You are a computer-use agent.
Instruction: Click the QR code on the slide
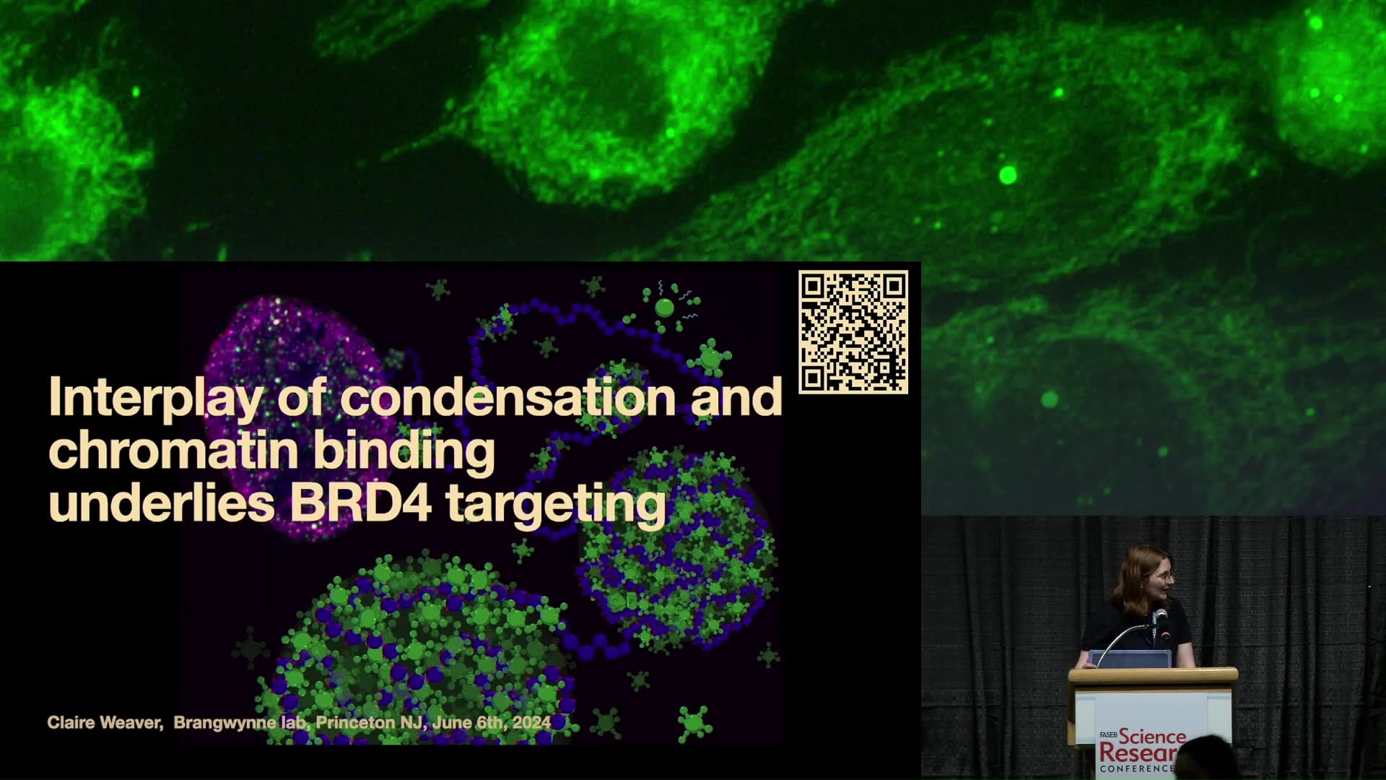pyautogui.click(x=853, y=332)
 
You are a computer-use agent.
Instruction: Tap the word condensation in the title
pyautogui.click(x=508, y=397)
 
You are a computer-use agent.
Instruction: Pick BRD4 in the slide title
pyautogui.click(x=361, y=503)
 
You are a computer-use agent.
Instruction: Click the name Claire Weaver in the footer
pyautogui.click(x=105, y=722)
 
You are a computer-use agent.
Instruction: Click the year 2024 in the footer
pyautogui.click(x=532, y=722)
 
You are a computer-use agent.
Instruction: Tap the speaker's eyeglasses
pyautogui.click(x=1163, y=576)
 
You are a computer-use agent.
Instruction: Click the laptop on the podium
pyautogui.click(x=1130, y=659)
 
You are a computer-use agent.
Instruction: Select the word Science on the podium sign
pyautogui.click(x=1153, y=737)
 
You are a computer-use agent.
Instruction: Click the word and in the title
pyautogui.click(x=736, y=397)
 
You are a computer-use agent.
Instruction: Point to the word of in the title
pyautogui.click(x=302, y=397)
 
